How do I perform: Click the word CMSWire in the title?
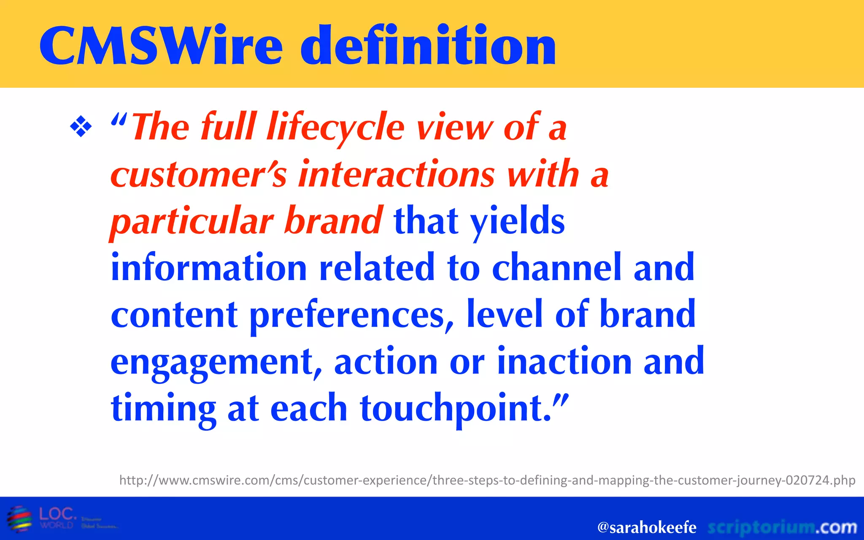coord(160,46)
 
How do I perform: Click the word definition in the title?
coord(428,46)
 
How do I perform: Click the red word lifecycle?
coord(335,128)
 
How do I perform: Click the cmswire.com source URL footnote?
coord(487,481)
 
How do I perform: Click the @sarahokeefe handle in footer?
coord(647,527)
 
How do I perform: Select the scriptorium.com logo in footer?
coord(782,527)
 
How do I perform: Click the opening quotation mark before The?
coord(119,121)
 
